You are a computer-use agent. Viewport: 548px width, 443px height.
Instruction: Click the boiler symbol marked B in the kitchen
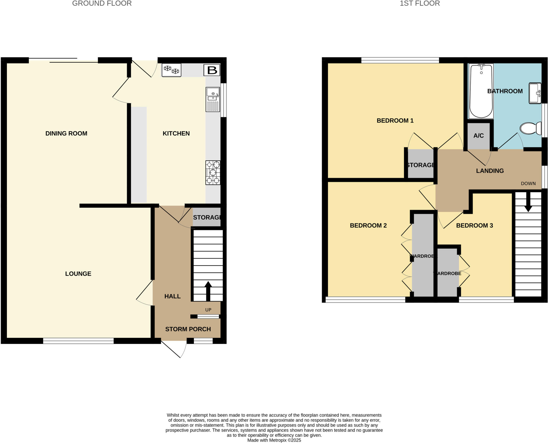[212, 70]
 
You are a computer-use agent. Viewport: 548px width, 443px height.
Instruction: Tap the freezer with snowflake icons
[172, 70]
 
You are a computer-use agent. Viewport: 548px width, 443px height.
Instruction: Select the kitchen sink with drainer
[213, 99]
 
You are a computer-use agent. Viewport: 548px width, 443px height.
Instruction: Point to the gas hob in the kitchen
[213, 173]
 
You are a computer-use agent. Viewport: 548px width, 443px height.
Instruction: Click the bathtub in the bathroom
[481, 91]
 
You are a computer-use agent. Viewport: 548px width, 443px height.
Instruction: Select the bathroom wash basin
[535, 93]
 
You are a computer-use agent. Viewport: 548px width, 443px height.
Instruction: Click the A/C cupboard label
[478, 136]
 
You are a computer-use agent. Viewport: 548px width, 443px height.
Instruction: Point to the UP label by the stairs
[208, 310]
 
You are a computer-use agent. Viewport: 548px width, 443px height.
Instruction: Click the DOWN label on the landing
[528, 183]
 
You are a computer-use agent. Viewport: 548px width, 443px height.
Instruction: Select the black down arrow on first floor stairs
[528, 202]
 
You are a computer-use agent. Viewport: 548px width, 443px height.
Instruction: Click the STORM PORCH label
[188, 329]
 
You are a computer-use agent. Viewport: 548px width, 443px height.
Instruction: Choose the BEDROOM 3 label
[474, 225]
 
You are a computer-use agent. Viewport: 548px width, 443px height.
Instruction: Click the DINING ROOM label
[66, 133]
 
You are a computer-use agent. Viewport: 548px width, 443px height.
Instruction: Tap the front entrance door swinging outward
[174, 349]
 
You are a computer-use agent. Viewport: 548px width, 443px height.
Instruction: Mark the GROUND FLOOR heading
[102, 3]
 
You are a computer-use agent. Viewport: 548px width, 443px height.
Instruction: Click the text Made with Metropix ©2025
[274, 440]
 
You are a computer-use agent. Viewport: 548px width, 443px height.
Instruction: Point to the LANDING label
[490, 171]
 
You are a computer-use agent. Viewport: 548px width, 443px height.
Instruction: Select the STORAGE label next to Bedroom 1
[420, 165]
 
